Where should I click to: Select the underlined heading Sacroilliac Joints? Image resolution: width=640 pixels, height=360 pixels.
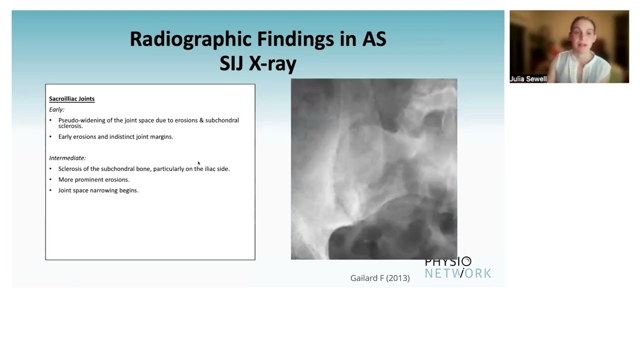point(71,99)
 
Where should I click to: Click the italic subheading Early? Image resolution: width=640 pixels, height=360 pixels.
point(56,109)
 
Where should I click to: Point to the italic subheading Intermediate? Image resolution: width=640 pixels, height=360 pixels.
point(67,158)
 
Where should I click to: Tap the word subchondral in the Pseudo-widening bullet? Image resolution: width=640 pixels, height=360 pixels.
point(222,120)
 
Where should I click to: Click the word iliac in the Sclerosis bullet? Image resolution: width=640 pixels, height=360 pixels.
point(210,169)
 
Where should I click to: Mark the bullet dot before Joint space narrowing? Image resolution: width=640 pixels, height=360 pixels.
point(50,190)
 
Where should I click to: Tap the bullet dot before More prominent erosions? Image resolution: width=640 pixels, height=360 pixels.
point(50,179)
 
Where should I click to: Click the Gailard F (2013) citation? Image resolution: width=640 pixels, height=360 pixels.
point(379,278)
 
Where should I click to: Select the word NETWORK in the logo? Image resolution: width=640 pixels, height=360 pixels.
point(457,273)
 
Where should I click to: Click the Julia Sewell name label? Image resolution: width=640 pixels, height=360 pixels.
point(528,79)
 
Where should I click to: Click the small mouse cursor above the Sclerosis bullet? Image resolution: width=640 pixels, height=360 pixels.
point(198,163)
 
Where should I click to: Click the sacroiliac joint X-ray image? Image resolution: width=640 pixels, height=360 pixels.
point(373,169)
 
